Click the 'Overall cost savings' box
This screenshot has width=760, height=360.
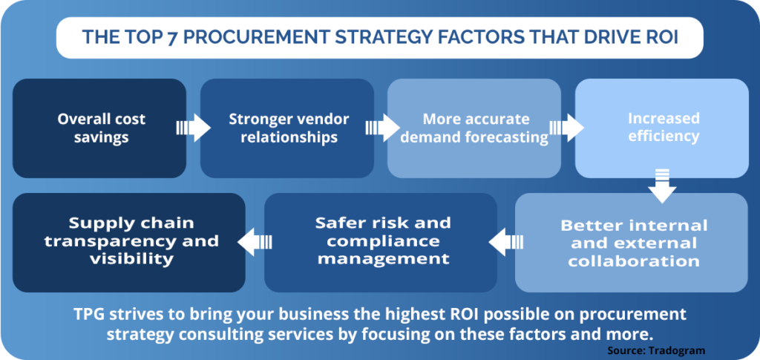click(x=99, y=128)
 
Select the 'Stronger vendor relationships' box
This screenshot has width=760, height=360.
click(x=287, y=128)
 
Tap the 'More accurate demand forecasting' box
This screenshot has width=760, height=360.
click(x=474, y=128)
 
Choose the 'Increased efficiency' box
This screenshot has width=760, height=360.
click(x=662, y=128)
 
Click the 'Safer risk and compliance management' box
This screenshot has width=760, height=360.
click(x=381, y=243)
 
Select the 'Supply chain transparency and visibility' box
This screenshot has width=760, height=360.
click(x=129, y=243)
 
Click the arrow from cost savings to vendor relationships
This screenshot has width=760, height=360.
click(x=194, y=128)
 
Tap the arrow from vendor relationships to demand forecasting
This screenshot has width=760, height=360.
click(x=382, y=128)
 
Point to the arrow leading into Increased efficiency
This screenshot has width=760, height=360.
click(x=566, y=128)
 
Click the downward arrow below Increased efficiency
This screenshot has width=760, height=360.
click(x=662, y=186)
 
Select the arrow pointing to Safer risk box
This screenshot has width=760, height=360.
click(x=506, y=242)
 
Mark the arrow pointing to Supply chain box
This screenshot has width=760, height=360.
click(x=255, y=242)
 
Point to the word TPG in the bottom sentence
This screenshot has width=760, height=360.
click(x=88, y=315)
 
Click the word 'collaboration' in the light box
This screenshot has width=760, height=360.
click(x=634, y=261)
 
